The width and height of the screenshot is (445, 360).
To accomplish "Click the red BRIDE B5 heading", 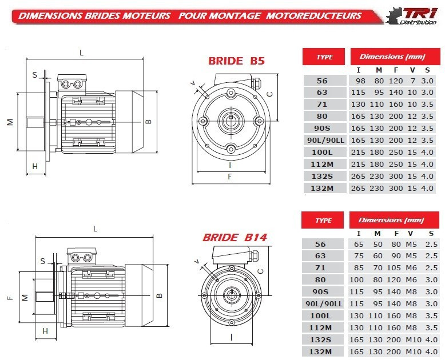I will tap(236, 61).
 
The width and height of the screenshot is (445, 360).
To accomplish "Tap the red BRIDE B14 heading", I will tap(235, 237).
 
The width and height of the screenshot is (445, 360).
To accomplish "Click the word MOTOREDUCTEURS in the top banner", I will tap(313, 15).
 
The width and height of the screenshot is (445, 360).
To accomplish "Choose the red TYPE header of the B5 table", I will tap(324, 57).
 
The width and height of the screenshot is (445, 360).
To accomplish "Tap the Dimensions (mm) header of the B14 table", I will tap(391, 220).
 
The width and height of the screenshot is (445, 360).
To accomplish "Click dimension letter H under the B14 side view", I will tap(45, 331).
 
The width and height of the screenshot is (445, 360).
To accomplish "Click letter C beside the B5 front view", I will tap(269, 94).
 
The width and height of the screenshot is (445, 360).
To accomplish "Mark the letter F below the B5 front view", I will tap(230, 177).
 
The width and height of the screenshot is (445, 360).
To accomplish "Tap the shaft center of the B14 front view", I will tap(231, 295).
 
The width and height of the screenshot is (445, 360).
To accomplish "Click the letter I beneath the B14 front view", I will tap(231, 337).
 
